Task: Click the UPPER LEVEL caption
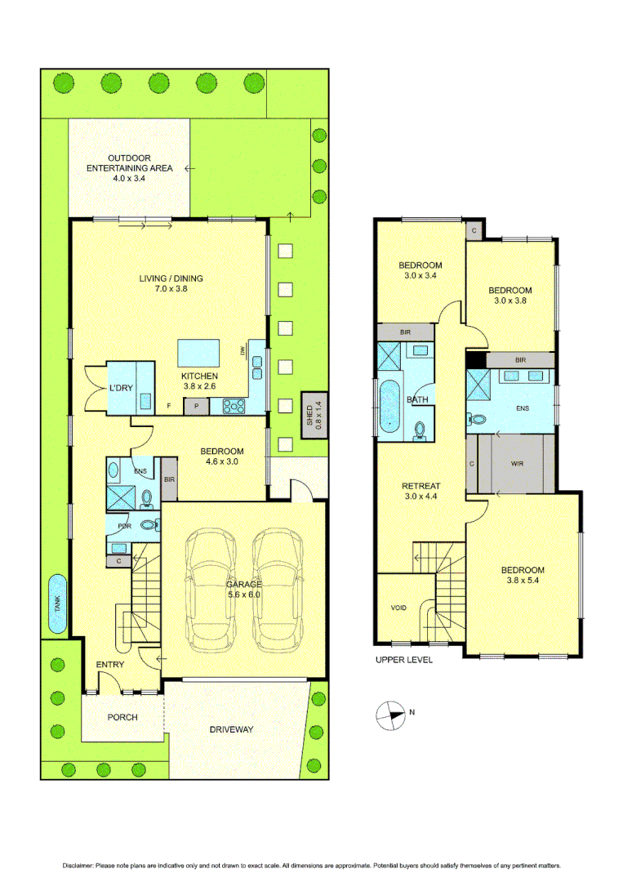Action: click(403, 660)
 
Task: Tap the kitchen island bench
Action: click(200, 354)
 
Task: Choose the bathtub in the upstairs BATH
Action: click(387, 406)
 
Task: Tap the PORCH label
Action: click(122, 718)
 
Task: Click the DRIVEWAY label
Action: click(231, 728)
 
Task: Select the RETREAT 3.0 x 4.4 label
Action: click(422, 490)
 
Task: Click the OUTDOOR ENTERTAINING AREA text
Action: click(130, 167)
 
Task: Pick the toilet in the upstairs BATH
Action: click(421, 430)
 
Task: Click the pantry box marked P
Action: click(197, 405)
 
